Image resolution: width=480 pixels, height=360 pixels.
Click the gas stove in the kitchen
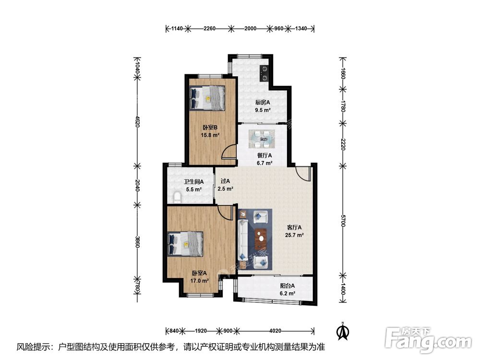264,74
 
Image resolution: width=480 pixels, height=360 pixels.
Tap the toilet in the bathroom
178,197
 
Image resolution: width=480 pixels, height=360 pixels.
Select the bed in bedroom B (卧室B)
207,97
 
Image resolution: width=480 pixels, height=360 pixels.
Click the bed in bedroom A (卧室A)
185,244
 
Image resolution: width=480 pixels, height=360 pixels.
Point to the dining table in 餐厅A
262,139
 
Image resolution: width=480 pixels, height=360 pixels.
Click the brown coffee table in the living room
261,239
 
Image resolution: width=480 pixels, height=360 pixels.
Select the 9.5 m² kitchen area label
263,110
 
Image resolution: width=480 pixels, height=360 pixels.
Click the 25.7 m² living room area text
294,235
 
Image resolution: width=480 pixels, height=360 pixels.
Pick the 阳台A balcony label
287,286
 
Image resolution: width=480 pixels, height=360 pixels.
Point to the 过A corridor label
225,181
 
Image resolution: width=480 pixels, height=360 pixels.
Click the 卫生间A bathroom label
193,182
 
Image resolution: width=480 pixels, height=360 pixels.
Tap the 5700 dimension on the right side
343,221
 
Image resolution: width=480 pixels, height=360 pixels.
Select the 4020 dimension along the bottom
276,331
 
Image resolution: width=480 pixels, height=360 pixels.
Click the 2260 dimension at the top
209,29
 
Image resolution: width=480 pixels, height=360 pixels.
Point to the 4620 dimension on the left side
138,121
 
